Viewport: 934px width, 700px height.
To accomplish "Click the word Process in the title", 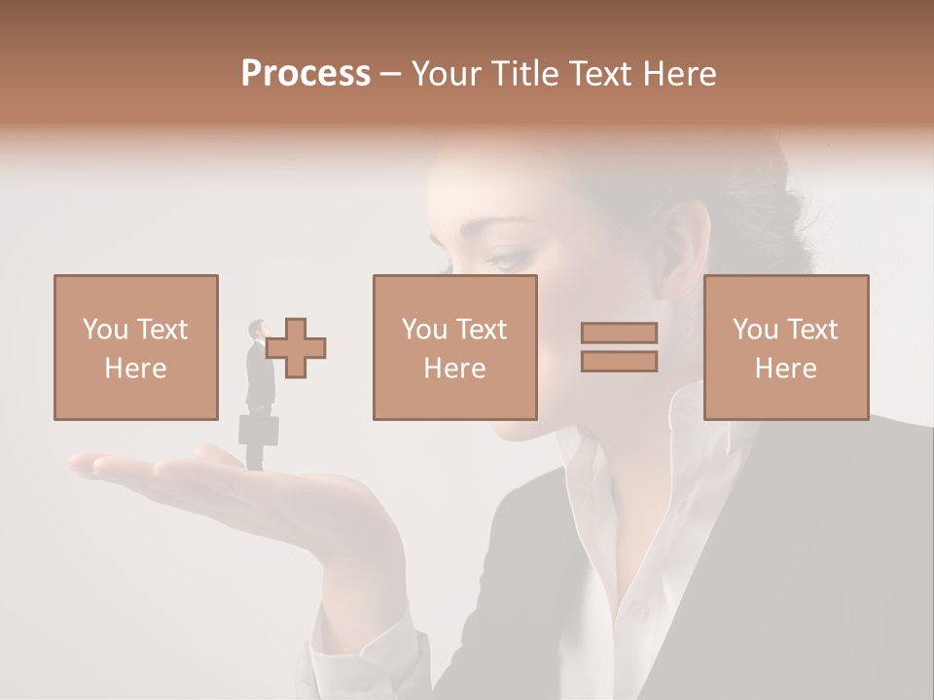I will (305, 74).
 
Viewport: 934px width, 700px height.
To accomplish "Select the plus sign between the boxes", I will (296, 347).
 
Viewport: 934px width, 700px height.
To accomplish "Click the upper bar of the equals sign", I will (619, 332).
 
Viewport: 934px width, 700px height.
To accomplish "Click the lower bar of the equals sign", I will (619, 362).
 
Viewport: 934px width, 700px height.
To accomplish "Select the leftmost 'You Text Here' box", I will (135, 347).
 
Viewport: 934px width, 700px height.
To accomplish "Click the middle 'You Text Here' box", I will (454, 347).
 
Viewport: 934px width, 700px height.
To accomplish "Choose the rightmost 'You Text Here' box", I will (785, 347).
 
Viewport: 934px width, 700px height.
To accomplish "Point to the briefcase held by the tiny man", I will (259, 430).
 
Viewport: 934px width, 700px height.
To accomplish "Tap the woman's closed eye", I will (508, 259).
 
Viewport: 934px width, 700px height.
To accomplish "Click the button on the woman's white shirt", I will (637, 612).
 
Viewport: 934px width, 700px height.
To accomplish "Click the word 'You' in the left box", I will (104, 330).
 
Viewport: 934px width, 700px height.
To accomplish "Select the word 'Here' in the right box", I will (785, 367).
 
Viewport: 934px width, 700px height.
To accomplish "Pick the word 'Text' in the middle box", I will (481, 330).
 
